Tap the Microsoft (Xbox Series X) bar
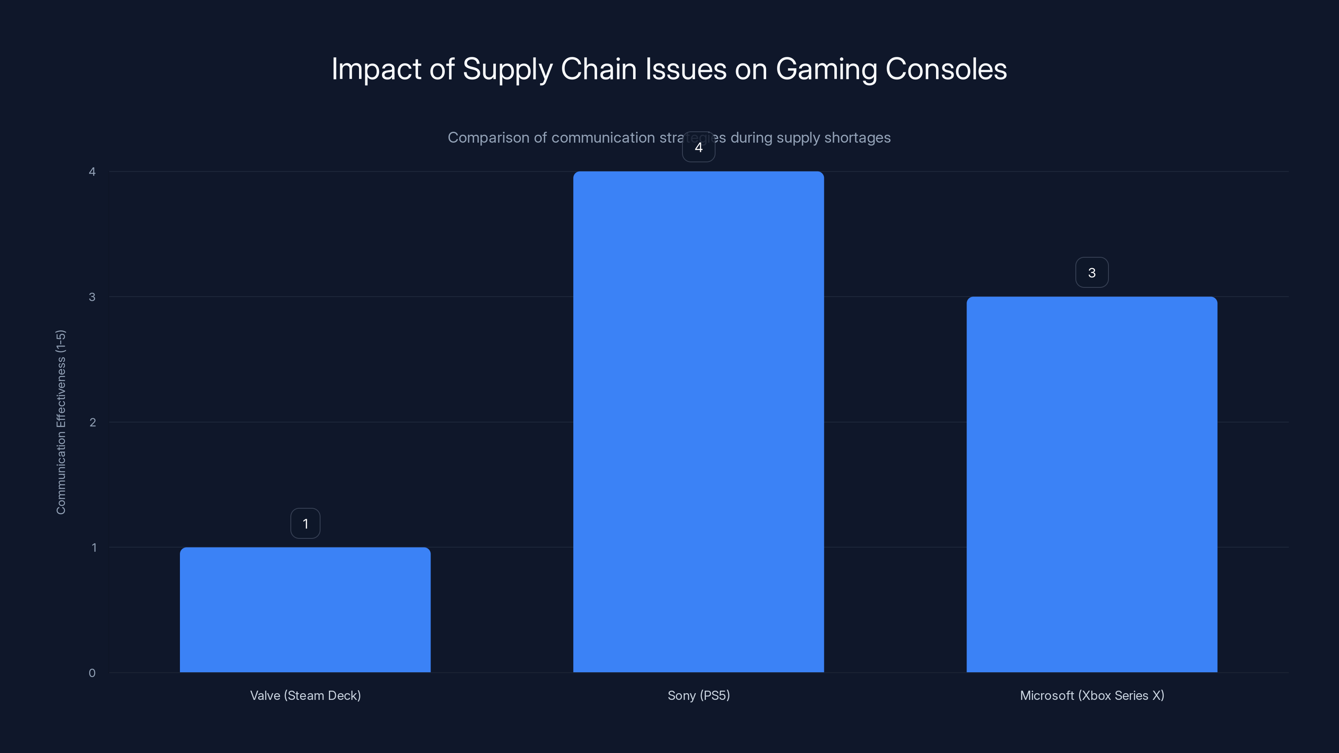[1092, 484]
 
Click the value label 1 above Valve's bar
[305, 523]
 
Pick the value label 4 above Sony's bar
[698, 148]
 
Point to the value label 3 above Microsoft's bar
[1092, 273]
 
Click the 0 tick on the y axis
[92, 673]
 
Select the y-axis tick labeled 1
[94, 547]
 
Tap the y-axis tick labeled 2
[92, 422]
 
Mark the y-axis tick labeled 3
[92, 297]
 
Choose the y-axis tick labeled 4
[92, 172]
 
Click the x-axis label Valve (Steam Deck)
[305, 695]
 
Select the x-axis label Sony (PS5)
[698, 695]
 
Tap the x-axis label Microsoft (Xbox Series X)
[1092, 695]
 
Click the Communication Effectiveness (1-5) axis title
[61, 422]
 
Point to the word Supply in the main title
[507, 69]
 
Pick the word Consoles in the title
[946, 69]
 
